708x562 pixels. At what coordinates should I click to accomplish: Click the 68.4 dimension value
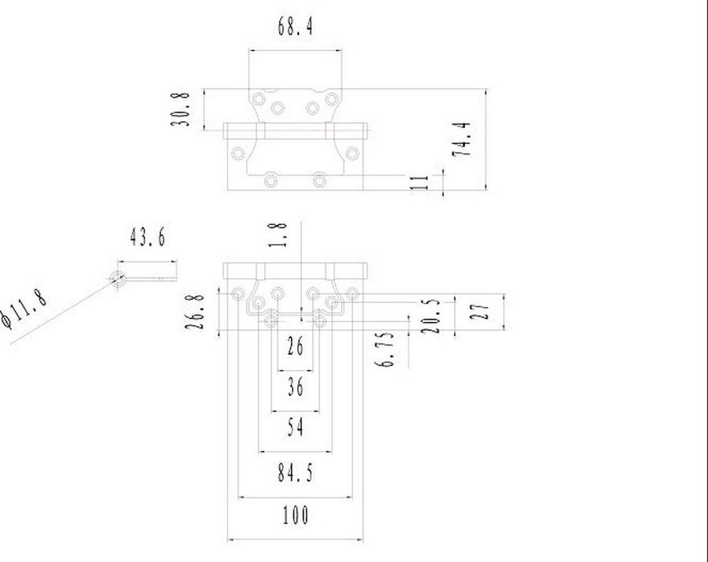(x=295, y=26)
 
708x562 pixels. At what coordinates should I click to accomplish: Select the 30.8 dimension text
(x=179, y=109)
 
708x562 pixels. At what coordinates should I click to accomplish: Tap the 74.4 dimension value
(x=462, y=139)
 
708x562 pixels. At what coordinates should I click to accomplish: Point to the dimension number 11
(x=419, y=183)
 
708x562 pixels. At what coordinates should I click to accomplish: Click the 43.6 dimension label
(x=148, y=237)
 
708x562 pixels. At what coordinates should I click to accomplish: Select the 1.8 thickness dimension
(x=278, y=235)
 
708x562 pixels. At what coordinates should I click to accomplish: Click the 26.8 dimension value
(x=195, y=312)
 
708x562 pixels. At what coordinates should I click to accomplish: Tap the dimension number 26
(x=295, y=346)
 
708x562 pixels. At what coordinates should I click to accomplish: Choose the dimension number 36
(x=295, y=387)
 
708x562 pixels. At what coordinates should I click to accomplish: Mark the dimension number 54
(x=295, y=427)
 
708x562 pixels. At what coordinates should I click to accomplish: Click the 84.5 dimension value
(x=295, y=473)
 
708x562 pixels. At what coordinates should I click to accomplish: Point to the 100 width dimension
(x=296, y=515)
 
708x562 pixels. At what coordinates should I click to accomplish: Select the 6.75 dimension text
(x=385, y=349)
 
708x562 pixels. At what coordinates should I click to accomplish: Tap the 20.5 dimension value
(x=430, y=316)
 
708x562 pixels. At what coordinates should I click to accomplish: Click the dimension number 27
(x=480, y=312)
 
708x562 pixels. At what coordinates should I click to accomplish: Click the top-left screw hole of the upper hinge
(x=259, y=99)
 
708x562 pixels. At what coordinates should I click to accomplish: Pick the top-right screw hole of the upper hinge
(x=332, y=99)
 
